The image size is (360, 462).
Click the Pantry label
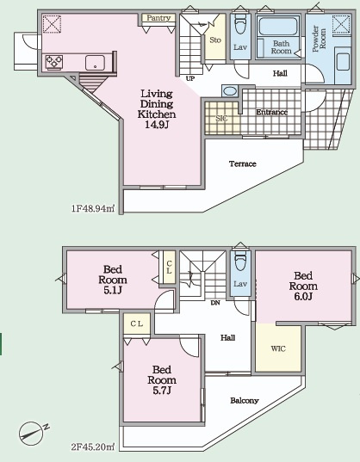click(158, 18)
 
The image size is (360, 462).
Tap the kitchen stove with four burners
click(54, 63)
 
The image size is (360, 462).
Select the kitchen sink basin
click(95, 63)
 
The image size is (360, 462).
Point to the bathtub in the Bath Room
click(277, 26)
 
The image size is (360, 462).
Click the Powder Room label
click(319, 39)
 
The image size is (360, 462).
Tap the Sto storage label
click(215, 40)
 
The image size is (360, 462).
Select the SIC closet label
click(221, 119)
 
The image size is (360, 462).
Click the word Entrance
click(272, 112)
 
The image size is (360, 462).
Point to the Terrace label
click(243, 163)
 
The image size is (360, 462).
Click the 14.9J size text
click(157, 125)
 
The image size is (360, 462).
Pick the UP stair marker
click(190, 78)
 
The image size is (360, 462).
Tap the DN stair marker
click(215, 303)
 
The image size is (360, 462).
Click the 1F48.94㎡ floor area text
click(93, 208)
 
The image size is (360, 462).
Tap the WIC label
click(278, 348)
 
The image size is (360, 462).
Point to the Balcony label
click(245, 401)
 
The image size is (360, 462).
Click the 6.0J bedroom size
click(303, 297)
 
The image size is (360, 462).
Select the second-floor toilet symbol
click(240, 262)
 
